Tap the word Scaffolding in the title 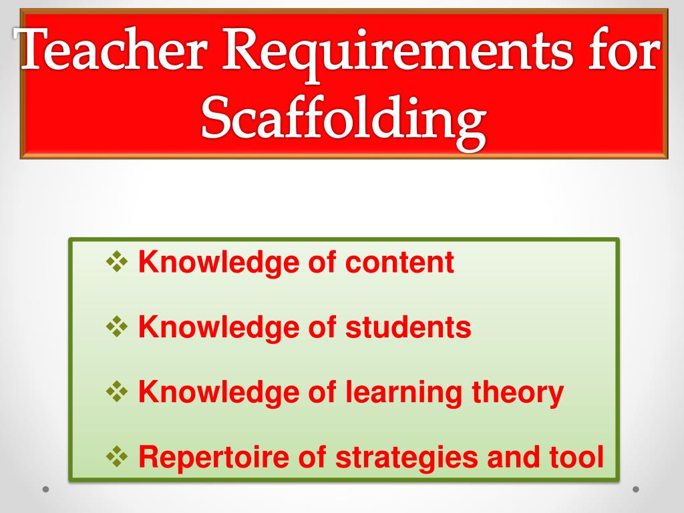tap(343, 121)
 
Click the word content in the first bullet tap(399, 263)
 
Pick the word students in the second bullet tap(408, 327)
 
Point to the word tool tap(577, 458)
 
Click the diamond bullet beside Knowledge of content tap(118, 262)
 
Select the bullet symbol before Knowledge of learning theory tap(118, 392)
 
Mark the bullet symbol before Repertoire tap(118, 458)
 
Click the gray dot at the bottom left tap(46, 489)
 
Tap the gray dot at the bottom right tap(636, 489)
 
